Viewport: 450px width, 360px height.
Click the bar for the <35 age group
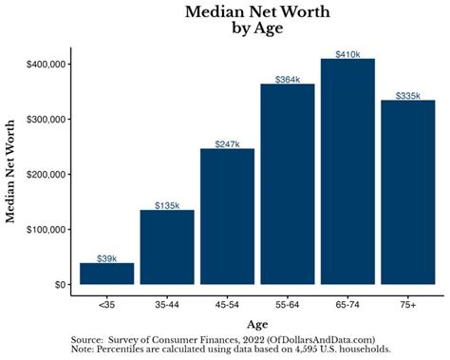point(106,273)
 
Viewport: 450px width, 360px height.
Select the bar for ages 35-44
point(167,246)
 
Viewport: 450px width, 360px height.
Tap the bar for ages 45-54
point(227,216)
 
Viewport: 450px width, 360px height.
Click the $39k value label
point(106,257)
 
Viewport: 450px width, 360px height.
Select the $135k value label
point(167,204)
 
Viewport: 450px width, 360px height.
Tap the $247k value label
point(227,143)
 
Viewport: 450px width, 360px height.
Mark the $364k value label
point(287,79)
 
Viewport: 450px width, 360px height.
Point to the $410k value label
point(347,54)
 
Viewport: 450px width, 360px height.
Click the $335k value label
point(407,95)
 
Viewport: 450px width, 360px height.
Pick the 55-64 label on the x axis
point(287,306)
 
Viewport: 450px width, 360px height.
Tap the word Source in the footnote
point(90,339)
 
